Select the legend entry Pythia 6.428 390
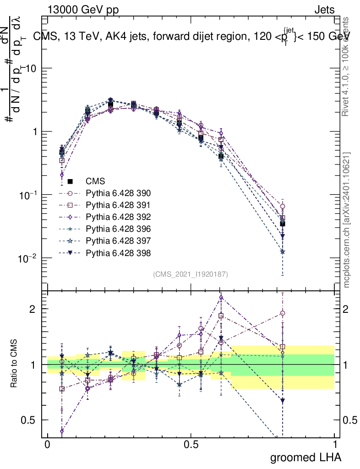[118, 193]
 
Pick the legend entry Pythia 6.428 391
[118, 205]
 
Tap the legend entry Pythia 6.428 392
[118, 217]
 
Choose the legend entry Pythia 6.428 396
[118, 229]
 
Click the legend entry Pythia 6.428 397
[118, 241]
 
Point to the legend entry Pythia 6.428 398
[118, 253]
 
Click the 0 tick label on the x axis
[47, 445]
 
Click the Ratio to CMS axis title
[14, 364]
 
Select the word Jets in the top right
[324, 10]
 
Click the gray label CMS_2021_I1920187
[191, 274]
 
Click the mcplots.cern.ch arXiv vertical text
[347, 220]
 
